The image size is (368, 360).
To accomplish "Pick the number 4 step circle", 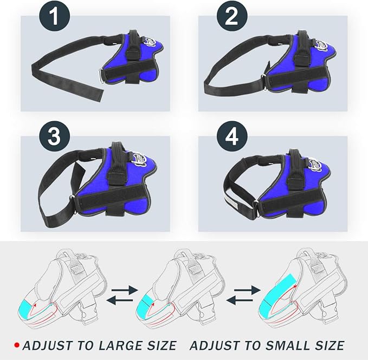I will pos(231,137).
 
